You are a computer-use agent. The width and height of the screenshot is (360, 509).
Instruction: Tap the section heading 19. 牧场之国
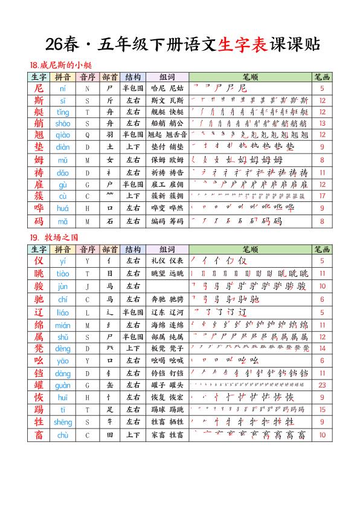54,238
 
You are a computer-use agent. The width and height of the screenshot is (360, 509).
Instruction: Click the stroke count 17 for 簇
322,196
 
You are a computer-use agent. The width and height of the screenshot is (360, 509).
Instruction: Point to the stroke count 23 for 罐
322,384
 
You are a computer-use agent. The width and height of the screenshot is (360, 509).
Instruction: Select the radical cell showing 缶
110,384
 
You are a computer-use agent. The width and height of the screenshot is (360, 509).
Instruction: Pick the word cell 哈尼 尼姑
167,88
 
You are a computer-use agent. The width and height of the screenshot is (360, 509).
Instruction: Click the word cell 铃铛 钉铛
167,373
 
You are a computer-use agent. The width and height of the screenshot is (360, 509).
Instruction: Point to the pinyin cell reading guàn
63,384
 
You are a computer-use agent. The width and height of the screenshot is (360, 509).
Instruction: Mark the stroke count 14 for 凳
322,349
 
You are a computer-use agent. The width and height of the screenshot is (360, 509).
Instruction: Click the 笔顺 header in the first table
249,77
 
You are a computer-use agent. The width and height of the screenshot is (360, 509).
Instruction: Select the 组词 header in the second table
167,249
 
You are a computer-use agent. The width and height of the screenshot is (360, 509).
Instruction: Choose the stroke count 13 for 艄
322,123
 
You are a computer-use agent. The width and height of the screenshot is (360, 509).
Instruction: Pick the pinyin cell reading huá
63,208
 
